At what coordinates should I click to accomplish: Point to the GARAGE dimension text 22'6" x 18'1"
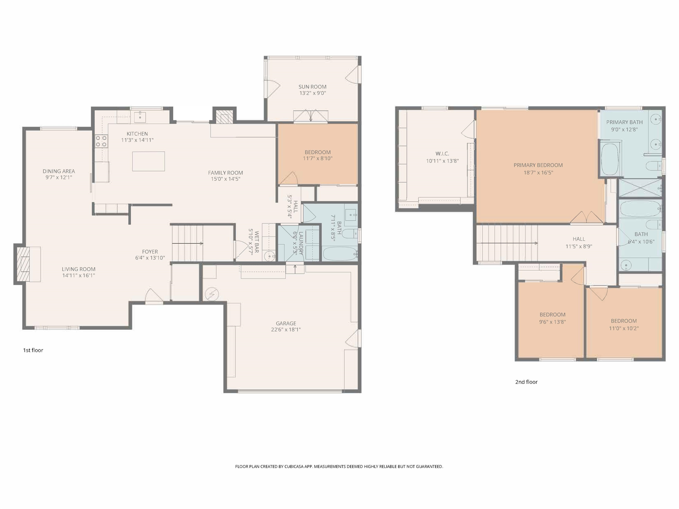click(x=286, y=330)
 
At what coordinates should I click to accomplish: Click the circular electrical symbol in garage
click(x=212, y=294)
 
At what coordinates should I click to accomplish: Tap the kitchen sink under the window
click(x=140, y=116)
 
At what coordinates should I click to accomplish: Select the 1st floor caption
click(x=33, y=350)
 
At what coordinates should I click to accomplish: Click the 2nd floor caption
click(x=526, y=382)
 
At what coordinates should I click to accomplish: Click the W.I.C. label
click(x=442, y=154)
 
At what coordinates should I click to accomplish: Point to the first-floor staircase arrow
click(x=187, y=244)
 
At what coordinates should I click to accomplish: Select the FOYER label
click(x=150, y=252)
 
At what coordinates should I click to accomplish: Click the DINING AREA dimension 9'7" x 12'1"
click(x=59, y=177)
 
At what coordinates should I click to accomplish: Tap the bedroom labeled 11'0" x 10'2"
click(x=624, y=324)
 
